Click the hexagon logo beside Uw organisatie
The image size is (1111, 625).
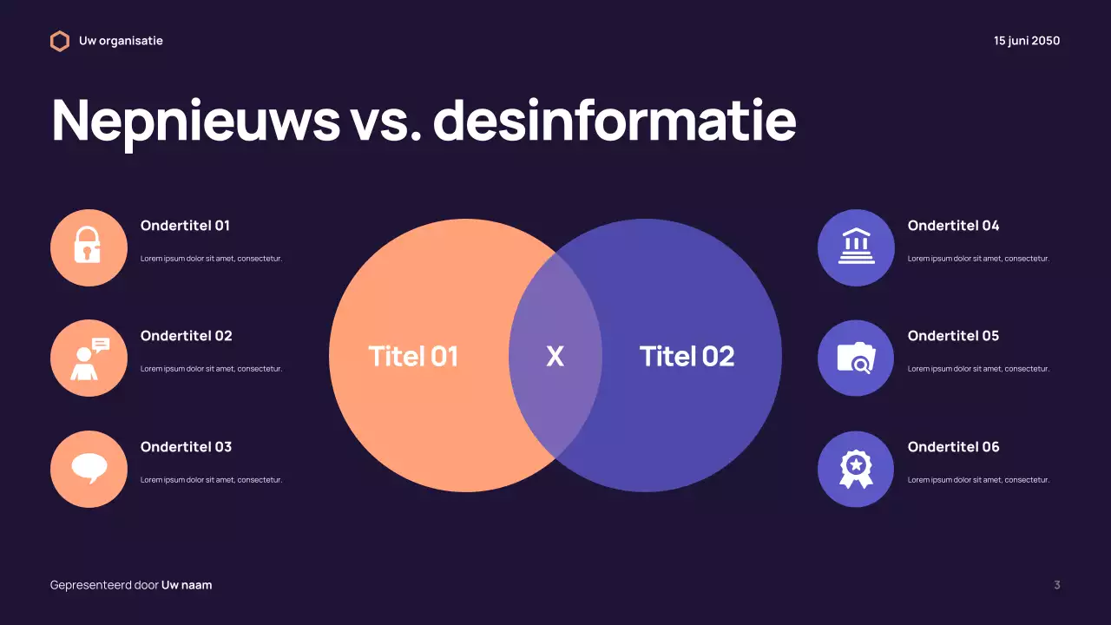pyautogui.click(x=59, y=41)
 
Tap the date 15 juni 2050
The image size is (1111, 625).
pyautogui.click(x=1027, y=41)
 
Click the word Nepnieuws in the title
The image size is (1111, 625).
pyautogui.click(x=196, y=120)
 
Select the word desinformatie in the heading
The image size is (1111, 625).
pyautogui.click(x=615, y=120)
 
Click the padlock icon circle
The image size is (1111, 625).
pyautogui.click(x=89, y=247)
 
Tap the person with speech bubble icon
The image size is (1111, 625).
pyautogui.click(x=89, y=359)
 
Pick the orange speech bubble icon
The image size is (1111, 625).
pyautogui.click(x=89, y=469)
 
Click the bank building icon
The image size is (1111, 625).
pyautogui.click(x=856, y=247)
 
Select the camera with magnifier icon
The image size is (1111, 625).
pyautogui.click(x=856, y=359)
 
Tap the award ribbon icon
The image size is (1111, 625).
pyautogui.click(x=856, y=469)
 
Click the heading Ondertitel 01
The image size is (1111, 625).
pyautogui.click(x=185, y=226)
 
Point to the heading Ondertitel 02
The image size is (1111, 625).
pyautogui.click(x=187, y=336)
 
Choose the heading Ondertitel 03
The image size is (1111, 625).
pyautogui.click(x=187, y=447)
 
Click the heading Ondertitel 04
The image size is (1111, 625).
pyautogui.click(x=953, y=226)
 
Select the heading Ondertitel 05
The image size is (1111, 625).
pyautogui.click(x=953, y=336)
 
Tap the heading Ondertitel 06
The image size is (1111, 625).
pyautogui.click(x=953, y=447)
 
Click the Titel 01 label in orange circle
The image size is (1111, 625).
pyautogui.click(x=413, y=357)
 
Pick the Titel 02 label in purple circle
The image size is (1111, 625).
pyautogui.click(x=687, y=357)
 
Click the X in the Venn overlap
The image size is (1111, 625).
pyautogui.click(x=555, y=357)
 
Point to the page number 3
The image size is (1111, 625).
pyautogui.click(x=1056, y=585)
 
